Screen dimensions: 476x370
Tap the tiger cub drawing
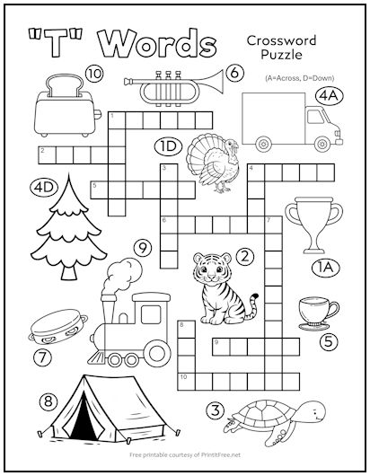[x=219, y=286]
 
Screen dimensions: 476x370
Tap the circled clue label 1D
[x=169, y=145]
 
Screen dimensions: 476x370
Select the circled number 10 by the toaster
[x=93, y=73]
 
